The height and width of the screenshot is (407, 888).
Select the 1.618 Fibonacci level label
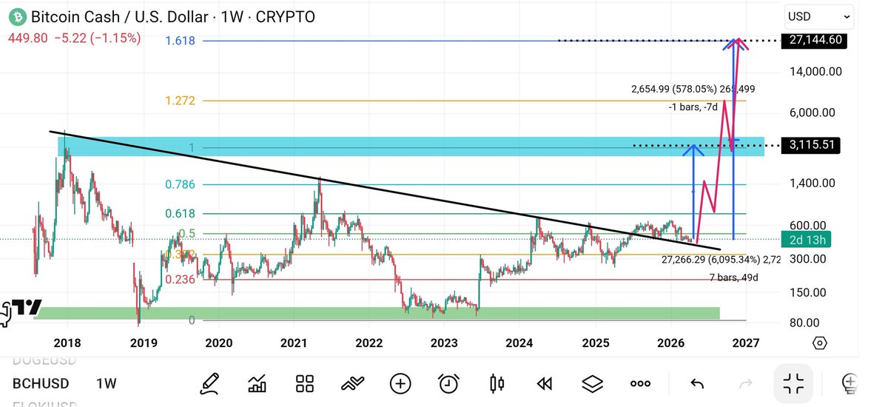pyautogui.click(x=180, y=41)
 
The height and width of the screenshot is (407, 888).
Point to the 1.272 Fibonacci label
pyautogui.click(x=180, y=101)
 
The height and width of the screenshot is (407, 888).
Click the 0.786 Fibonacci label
pyautogui.click(x=180, y=184)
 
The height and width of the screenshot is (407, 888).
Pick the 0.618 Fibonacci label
pyautogui.click(x=180, y=214)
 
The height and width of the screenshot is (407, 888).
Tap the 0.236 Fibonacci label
pyautogui.click(x=180, y=279)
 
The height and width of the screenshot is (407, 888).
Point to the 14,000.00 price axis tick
pyautogui.click(x=814, y=72)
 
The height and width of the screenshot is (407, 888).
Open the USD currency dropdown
pyautogui.click(x=821, y=16)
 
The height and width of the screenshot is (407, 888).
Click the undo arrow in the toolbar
pyautogui.click(x=696, y=383)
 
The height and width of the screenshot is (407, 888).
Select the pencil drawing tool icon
pyautogui.click(x=209, y=383)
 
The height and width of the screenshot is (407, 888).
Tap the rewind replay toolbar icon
pyautogui.click(x=544, y=383)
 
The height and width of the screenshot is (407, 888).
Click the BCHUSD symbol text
pyautogui.click(x=41, y=383)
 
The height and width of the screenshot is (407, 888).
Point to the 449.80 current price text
pyautogui.click(x=28, y=38)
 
